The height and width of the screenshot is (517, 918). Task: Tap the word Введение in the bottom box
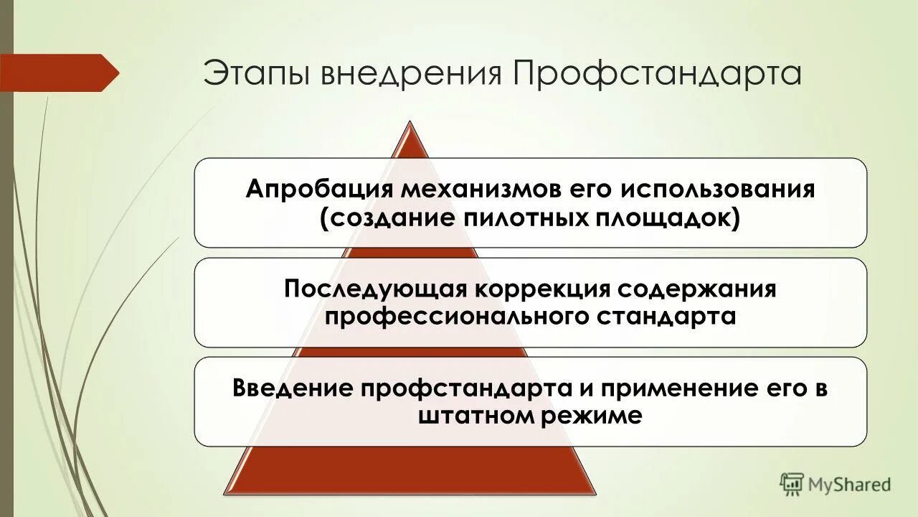[x=293, y=388]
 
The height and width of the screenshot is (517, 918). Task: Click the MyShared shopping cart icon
[x=792, y=483]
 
